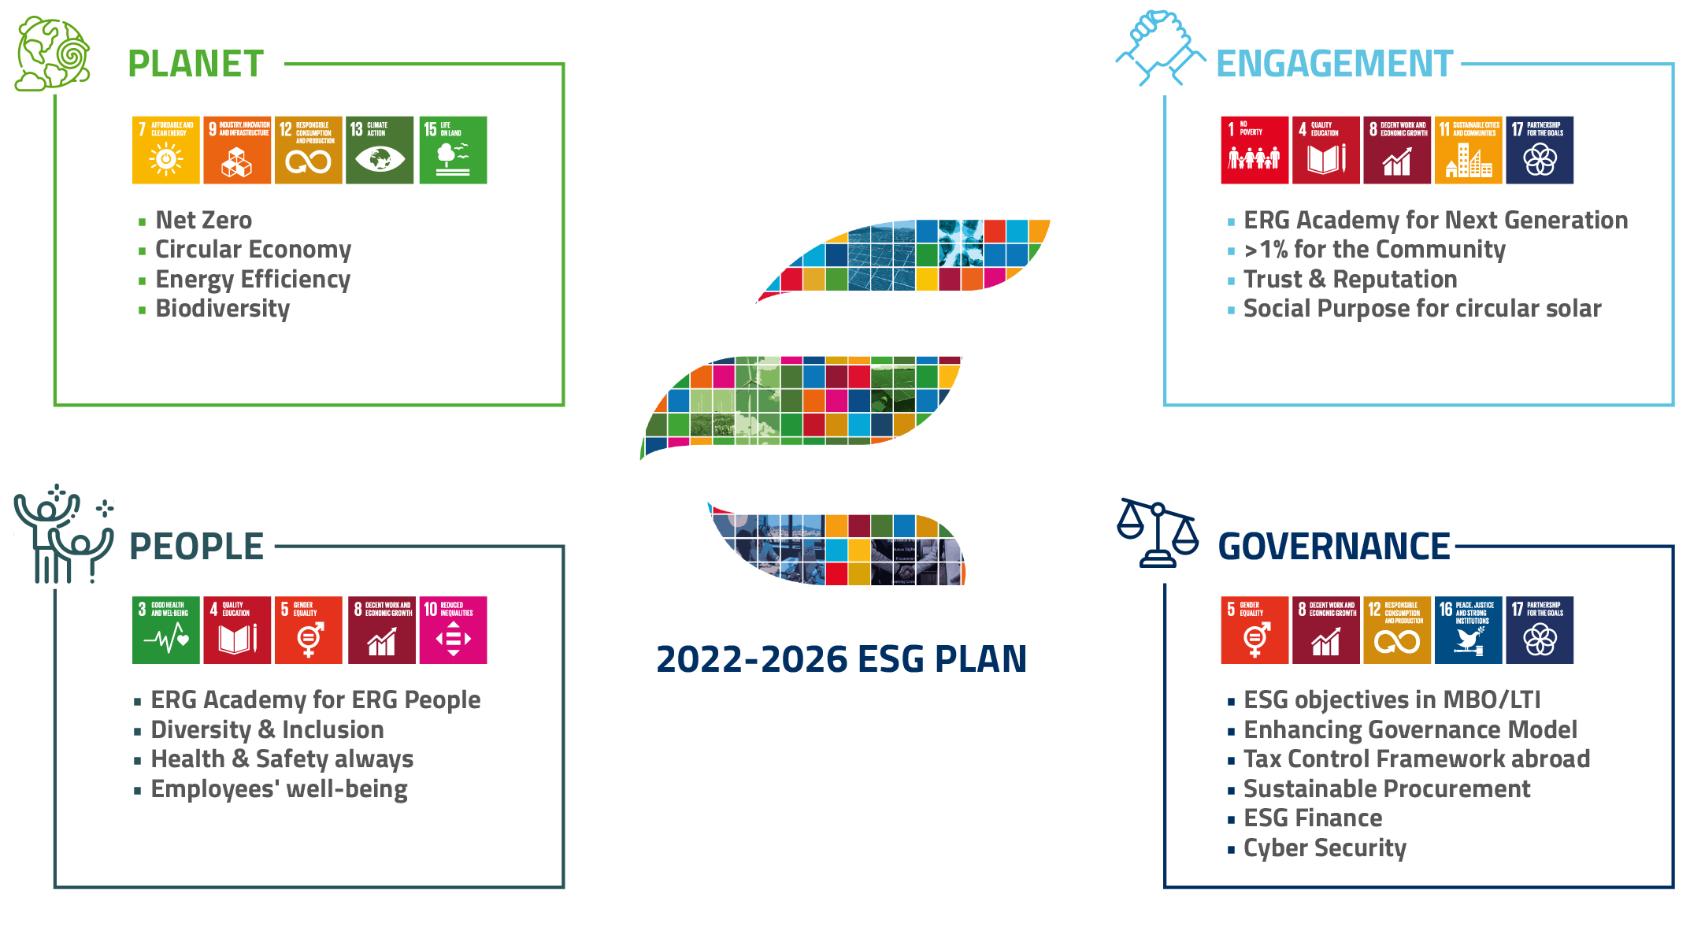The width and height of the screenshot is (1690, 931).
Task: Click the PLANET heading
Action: [x=195, y=64]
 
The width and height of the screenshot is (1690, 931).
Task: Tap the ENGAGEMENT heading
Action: [x=1334, y=64]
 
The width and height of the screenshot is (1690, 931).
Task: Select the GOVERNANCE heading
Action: [x=1333, y=546]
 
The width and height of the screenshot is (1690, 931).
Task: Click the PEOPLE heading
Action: [x=196, y=546]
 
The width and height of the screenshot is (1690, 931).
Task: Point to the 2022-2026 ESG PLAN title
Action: [x=841, y=659]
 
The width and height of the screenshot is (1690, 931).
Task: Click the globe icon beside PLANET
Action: [x=53, y=54]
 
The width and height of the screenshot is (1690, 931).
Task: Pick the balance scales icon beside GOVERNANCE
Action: [x=1158, y=533]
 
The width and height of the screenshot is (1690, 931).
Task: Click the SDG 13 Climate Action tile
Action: [x=380, y=150]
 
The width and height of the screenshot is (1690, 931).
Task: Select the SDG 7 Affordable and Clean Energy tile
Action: [x=165, y=150]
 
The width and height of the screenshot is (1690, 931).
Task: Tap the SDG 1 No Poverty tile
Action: [x=1255, y=150]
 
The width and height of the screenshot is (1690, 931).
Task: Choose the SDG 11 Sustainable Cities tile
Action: [x=1468, y=150]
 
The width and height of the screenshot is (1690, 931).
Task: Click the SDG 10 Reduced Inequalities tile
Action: [x=453, y=630]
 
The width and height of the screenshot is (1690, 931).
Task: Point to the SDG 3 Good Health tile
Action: [x=165, y=630]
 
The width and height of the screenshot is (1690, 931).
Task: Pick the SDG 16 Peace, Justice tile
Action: [x=1468, y=630]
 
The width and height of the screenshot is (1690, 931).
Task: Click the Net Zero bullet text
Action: [x=203, y=220]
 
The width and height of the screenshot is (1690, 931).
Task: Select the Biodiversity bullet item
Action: [x=222, y=309]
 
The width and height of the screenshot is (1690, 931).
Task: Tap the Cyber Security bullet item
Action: [x=1325, y=848]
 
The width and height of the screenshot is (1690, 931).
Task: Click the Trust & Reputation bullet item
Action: [x=1350, y=280]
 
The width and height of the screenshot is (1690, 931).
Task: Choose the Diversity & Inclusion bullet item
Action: [x=267, y=730]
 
